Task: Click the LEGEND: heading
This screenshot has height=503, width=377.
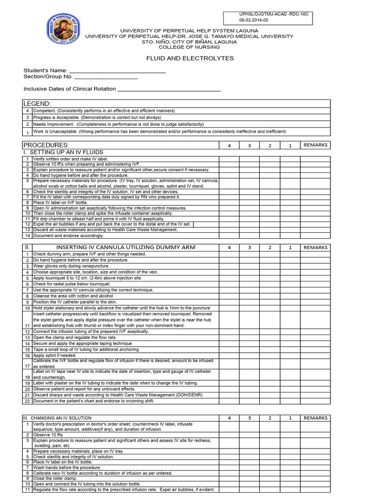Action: (x=37, y=104)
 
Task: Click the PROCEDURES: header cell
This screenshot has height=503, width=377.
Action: (x=47, y=145)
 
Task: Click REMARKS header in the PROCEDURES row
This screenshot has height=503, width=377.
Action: (x=315, y=145)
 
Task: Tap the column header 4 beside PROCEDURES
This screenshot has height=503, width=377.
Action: (x=229, y=146)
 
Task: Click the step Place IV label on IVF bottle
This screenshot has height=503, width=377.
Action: (x=60, y=202)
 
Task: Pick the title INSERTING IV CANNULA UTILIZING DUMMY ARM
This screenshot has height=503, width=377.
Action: (x=126, y=248)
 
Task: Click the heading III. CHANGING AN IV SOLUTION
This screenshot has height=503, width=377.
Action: (x=57, y=418)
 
